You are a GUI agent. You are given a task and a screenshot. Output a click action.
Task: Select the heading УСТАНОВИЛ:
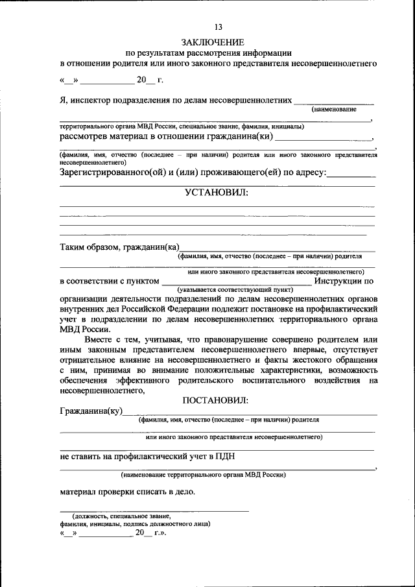click(217, 192)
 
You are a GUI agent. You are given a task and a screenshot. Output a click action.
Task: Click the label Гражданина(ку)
click(90, 411)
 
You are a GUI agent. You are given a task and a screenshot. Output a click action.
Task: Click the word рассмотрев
click(84, 137)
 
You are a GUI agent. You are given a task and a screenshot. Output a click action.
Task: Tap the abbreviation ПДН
click(225, 456)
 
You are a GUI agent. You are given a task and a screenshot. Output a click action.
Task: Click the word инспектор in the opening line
click(92, 100)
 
